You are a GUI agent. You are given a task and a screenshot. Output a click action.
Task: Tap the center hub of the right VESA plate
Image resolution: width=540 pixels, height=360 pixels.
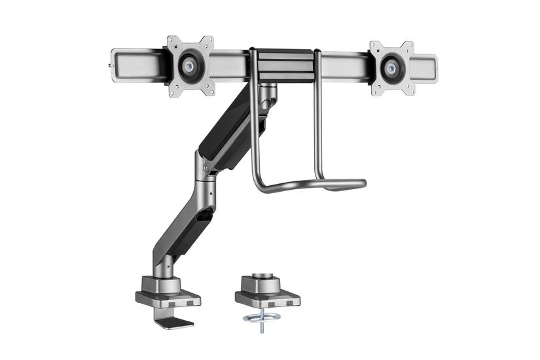392,66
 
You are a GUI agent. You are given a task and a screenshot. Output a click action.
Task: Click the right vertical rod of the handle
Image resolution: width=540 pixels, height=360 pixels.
317,118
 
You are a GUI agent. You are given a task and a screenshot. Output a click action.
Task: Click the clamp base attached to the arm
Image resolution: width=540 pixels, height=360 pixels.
160,291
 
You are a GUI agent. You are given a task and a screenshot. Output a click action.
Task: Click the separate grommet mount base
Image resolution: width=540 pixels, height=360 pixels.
267,291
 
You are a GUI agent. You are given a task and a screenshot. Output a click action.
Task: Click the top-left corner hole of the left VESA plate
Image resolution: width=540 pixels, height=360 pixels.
171,41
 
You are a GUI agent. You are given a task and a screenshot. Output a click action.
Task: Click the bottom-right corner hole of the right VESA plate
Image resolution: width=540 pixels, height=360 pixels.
411,91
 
